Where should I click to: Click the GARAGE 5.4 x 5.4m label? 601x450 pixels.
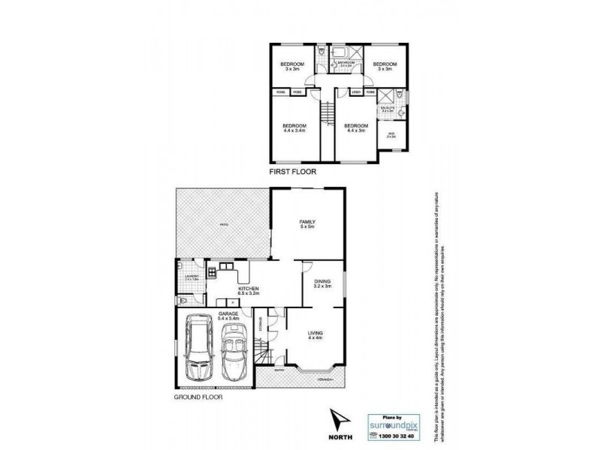tap(228, 316)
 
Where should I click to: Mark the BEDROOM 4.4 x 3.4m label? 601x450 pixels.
tap(294, 128)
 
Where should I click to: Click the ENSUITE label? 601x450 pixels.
tap(388, 110)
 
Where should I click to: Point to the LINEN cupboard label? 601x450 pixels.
tap(356, 92)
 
